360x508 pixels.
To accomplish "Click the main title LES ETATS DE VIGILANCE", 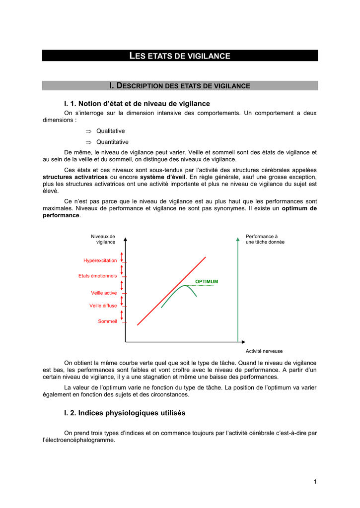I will coord(180,56).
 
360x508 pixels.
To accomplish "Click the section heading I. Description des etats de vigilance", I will coord(180,86).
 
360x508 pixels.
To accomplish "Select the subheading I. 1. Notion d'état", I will coord(137,104).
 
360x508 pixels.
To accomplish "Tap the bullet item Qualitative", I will coord(110,131).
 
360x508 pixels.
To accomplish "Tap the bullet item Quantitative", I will coord(112,142).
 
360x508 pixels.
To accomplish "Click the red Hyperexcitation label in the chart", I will coord(100,260).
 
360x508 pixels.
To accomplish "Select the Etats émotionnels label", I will coord(97,276).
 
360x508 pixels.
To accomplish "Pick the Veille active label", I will coord(104,293).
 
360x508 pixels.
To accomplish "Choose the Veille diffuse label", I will coord(103,306).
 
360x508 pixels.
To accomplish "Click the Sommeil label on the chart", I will coord(107,321).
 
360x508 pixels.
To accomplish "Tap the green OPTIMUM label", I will coord(207,282).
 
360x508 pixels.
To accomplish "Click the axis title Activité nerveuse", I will coord(264,351).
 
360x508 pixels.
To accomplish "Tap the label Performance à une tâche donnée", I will coord(265,239).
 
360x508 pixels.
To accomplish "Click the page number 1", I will coord(315,481).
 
